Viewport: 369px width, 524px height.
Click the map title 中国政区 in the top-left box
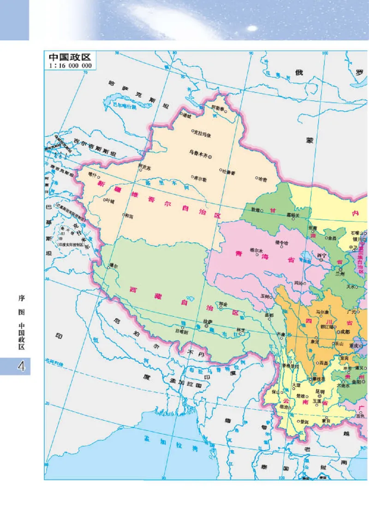point(69,58)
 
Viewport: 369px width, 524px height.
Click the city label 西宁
point(321,255)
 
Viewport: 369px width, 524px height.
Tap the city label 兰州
point(340,273)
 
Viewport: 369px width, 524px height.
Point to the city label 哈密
point(262,178)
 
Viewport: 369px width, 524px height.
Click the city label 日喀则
point(181,331)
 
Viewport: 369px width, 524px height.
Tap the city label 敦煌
point(255,210)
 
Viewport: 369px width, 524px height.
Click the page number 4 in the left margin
point(21,366)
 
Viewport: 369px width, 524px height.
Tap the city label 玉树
point(265,296)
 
